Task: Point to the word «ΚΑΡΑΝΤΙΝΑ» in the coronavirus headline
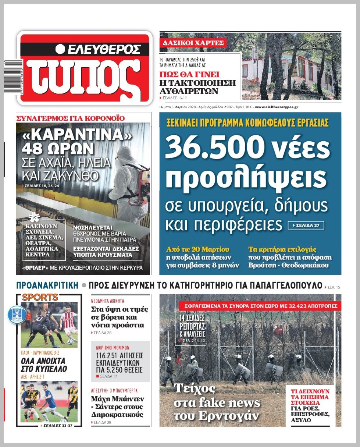click(77, 136)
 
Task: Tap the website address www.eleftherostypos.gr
click(276, 107)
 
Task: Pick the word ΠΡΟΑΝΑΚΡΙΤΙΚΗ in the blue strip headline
click(47, 285)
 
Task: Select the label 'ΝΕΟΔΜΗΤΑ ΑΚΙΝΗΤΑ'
click(107, 301)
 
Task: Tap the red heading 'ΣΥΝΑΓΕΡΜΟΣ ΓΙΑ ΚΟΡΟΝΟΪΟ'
click(71, 118)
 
